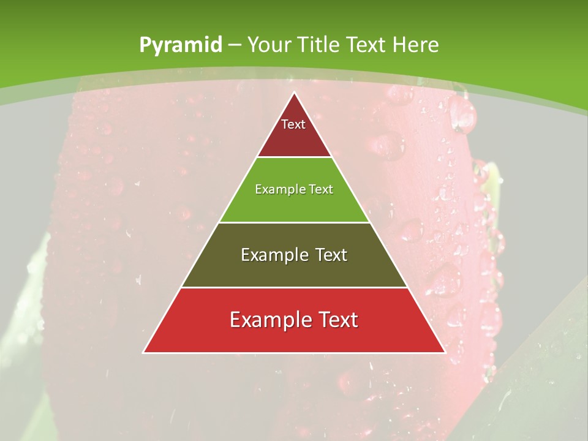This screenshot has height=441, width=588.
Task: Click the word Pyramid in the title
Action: (180, 45)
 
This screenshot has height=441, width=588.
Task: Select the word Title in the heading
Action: (318, 45)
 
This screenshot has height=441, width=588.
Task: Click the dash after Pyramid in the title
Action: (235, 45)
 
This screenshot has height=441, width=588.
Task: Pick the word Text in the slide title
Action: (366, 45)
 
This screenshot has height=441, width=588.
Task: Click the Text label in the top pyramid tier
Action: (293, 124)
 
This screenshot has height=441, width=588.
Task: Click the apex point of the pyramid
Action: (294, 93)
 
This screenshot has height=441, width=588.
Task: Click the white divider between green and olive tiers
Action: (294, 222)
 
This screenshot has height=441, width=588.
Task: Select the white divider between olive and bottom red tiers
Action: (294, 287)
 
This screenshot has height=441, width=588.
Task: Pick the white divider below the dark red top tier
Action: (294, 157)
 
